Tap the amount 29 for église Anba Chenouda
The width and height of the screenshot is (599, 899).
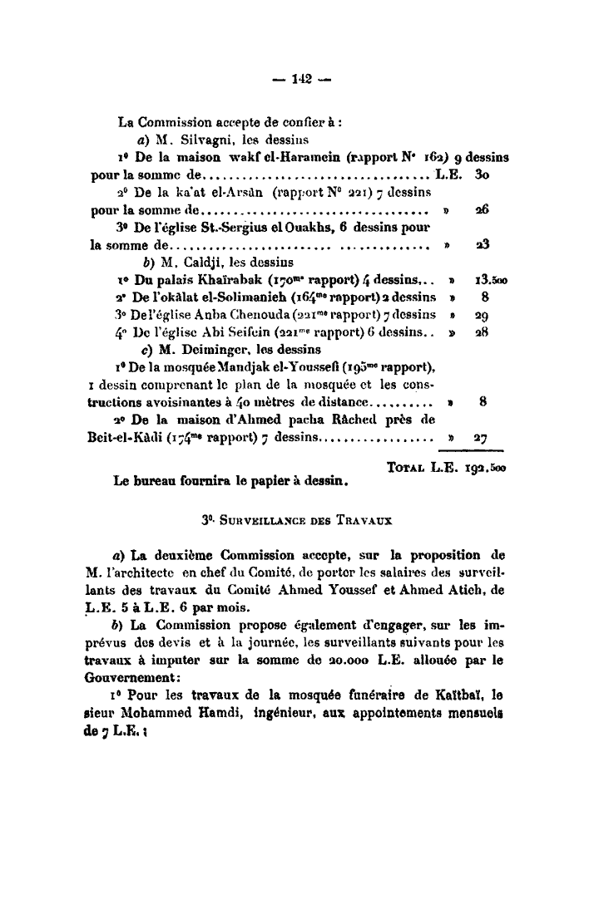tap(481, 317)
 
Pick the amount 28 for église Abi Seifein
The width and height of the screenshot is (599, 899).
tap(481, 334)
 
